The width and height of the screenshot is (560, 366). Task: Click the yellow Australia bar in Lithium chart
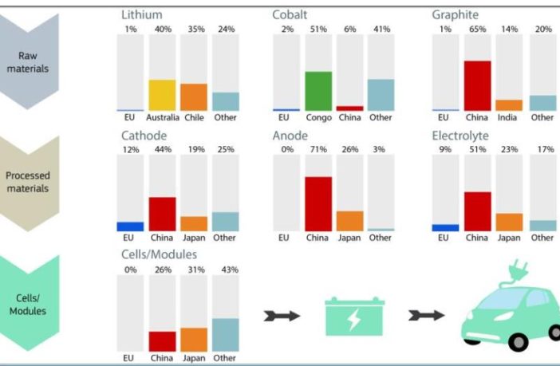(162, 95)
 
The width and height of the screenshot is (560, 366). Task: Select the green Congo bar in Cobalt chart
(318, 91)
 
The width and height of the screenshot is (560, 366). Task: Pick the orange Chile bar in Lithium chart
(194, 97)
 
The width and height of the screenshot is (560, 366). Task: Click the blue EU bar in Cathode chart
(130, 226)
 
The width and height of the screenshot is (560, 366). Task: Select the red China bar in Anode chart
(318, 204)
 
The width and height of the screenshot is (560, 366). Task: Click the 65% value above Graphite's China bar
(477, 29)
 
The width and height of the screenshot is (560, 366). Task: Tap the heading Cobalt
(291, 14)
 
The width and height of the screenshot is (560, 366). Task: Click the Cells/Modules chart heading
(160, 254)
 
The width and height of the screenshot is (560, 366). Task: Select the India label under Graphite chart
(509, 117)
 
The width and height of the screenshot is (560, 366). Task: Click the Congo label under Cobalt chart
(318, 117)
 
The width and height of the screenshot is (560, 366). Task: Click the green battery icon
(350, 316)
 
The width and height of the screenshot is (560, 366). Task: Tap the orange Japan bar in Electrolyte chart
(509, 222)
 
